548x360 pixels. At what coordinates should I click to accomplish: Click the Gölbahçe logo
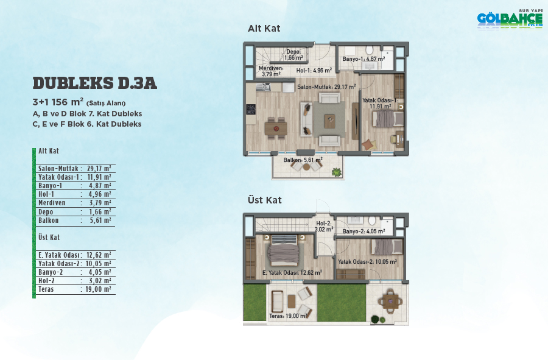coord(510,19)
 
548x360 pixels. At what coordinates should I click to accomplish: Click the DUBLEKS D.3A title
coord(95,83)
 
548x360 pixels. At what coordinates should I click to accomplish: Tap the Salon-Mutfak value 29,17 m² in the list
coord(99,169)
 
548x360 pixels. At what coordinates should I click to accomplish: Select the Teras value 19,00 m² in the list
coord(98,289)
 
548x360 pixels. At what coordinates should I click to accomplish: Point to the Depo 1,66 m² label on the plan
coord(293,55)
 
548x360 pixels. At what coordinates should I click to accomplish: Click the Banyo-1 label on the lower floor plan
coord(364,58)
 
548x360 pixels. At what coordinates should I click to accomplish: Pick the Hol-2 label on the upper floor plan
coord(324,227)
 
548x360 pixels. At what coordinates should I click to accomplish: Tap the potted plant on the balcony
coord(337,172)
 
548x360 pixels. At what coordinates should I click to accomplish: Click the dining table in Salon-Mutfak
coord(276,129)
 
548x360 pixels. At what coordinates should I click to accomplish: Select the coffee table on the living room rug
coord(329,121)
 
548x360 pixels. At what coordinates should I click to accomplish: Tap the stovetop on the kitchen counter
coord(251,110)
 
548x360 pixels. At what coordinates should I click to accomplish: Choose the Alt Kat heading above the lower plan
coord(264,28)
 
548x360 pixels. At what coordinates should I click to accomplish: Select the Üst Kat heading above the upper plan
coord(265,200)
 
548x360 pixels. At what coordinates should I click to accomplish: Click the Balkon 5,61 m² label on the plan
coord(303,160)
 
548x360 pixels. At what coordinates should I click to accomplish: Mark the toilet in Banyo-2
coord(372,220)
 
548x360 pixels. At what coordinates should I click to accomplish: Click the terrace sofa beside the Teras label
coord(277,302)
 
